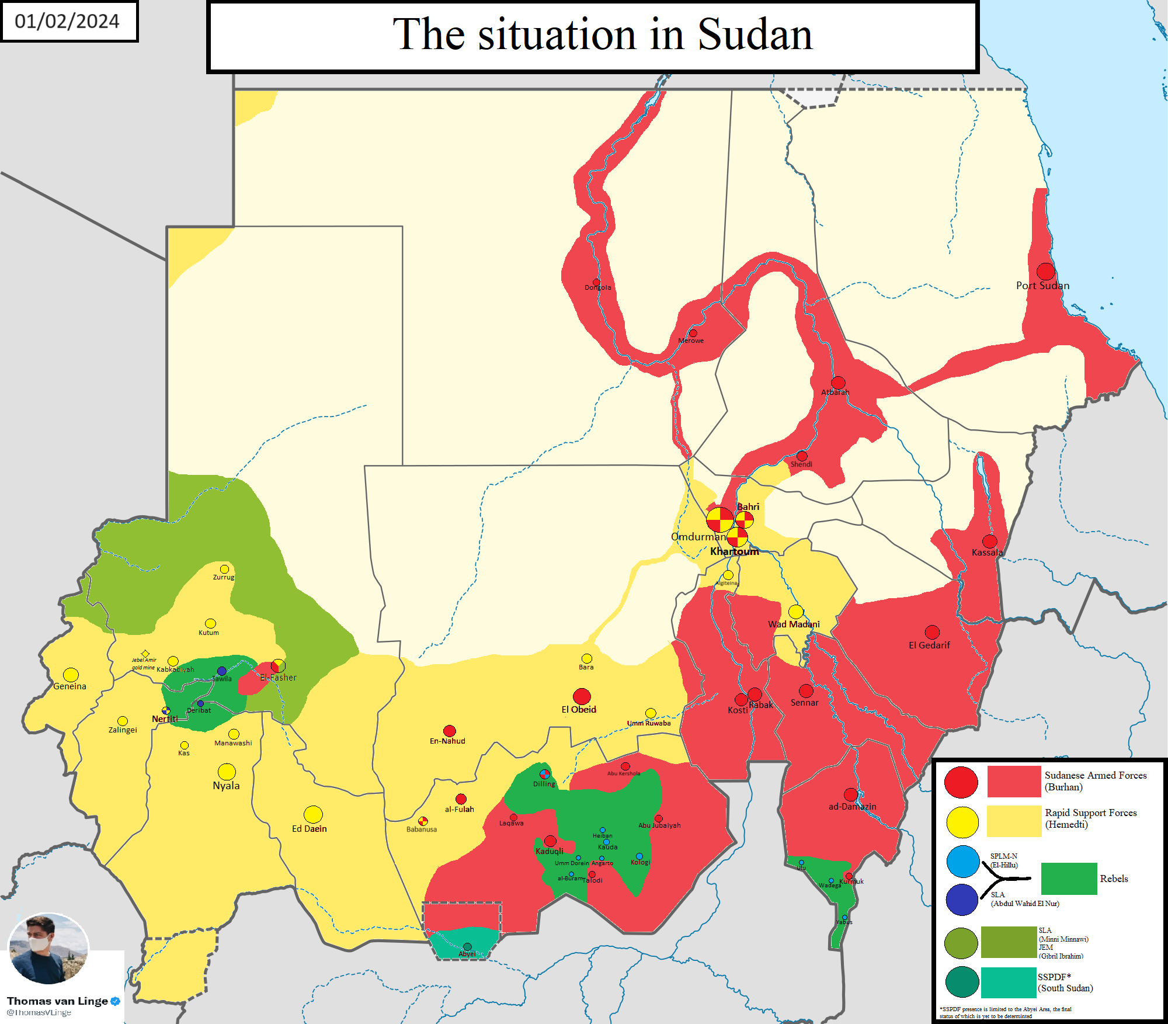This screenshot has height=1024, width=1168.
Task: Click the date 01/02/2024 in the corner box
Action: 67,21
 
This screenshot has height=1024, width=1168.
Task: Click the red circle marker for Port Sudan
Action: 1045,271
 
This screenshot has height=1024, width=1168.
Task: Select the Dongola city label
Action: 597,287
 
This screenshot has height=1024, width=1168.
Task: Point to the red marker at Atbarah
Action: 838,383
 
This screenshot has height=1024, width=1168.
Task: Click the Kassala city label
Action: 986,553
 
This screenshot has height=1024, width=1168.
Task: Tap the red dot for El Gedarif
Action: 932,632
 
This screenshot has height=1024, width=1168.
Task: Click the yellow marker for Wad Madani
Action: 796,612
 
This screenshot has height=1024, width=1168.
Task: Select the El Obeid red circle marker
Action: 582,696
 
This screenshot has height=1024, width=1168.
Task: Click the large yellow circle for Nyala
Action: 227,772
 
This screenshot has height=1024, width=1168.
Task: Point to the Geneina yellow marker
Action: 71,675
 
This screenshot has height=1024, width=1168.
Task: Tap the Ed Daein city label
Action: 309,829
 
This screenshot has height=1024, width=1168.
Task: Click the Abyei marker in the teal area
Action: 467,947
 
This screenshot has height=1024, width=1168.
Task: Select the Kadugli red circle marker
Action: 550,841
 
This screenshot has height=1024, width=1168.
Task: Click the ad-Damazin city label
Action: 852,807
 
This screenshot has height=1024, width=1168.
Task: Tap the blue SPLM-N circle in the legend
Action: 962,862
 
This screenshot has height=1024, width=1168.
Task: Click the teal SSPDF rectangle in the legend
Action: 1009,983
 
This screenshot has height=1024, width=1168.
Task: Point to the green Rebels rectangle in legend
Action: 1069,879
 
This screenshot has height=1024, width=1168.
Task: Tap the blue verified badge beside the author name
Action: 116,1001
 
